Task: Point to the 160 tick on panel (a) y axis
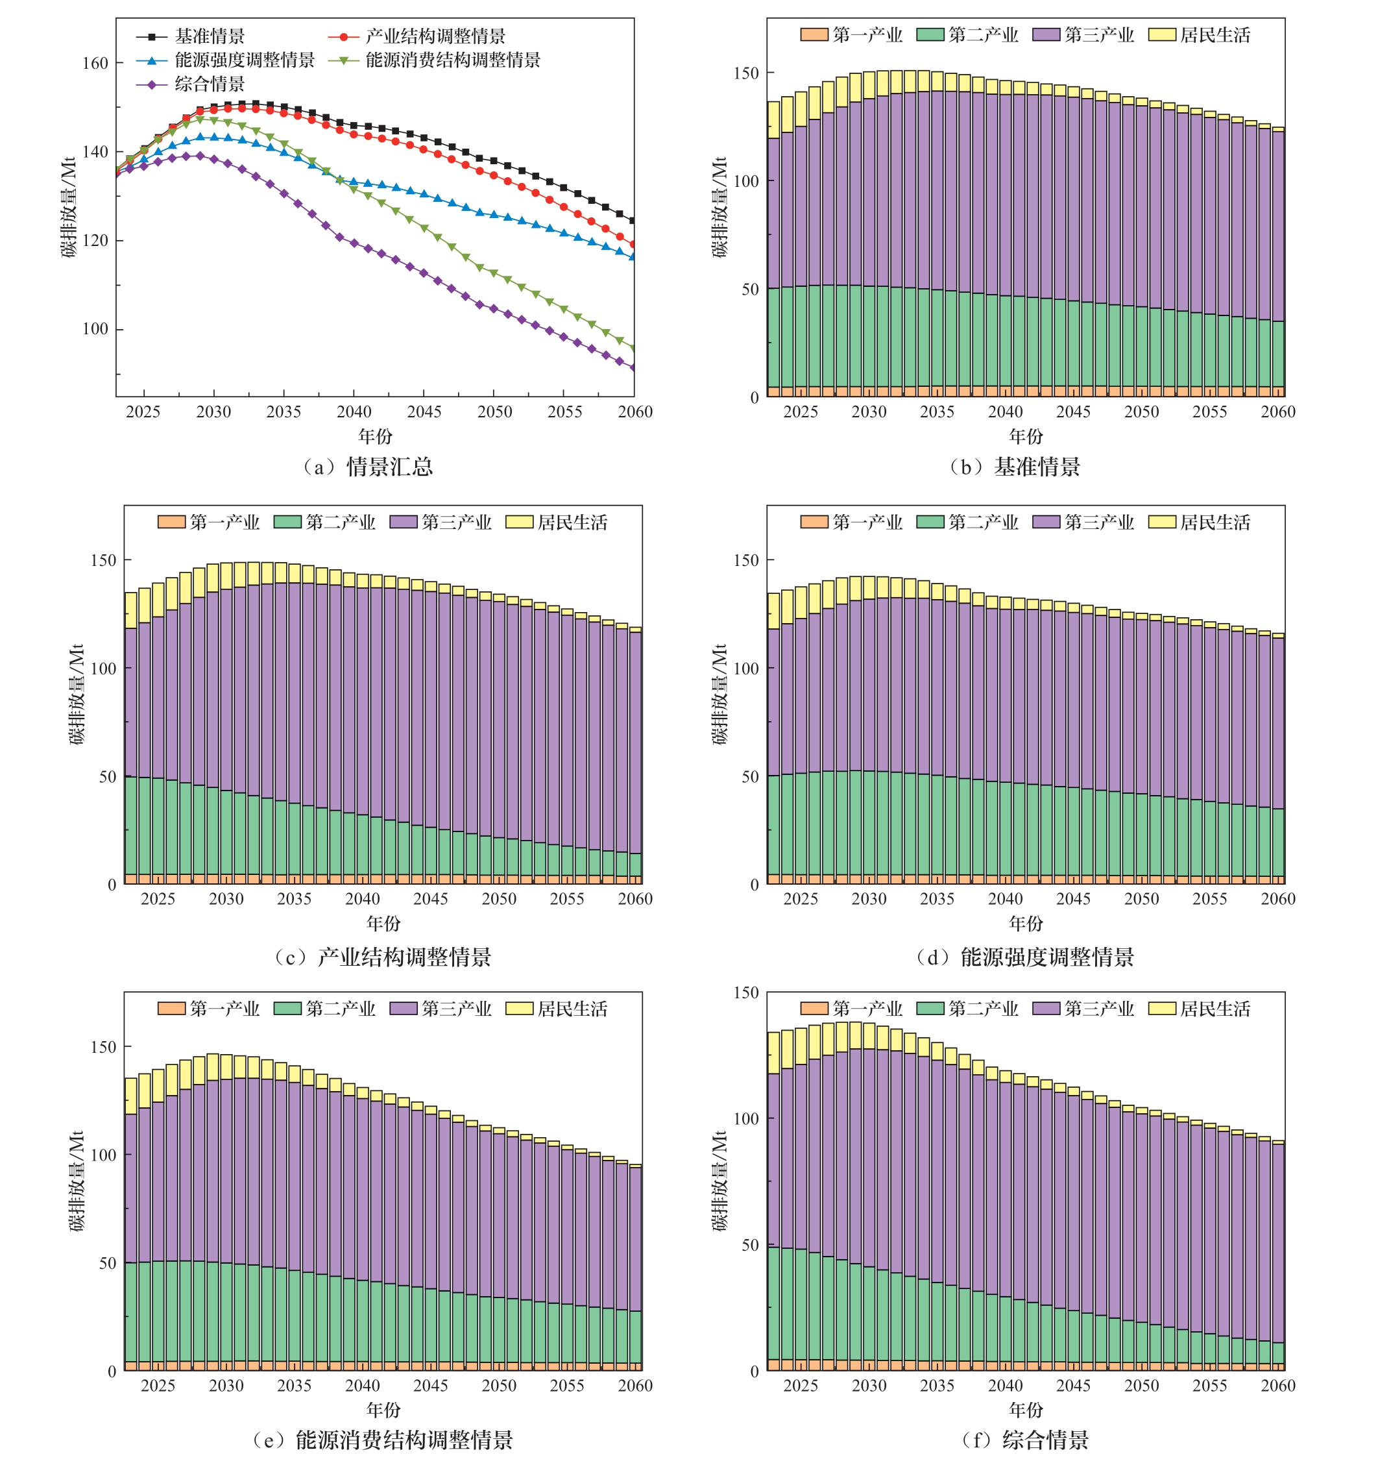(x=95, y=64)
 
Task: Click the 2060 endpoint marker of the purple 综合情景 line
(x=633, y=367)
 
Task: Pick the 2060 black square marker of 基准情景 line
(x=633, y=220)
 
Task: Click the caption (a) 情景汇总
(x=368, y=467)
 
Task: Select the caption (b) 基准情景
(x=1015, y=467)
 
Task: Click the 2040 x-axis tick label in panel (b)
(x=1005, y=412)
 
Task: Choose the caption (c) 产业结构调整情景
(x=383, y=957)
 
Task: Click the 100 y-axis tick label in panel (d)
(x=747, y=668)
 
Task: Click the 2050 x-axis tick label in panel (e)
(x=499, y=1385)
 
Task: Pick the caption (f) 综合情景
(x=1026, y=1439)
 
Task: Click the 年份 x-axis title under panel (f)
(x=1026, y=1409)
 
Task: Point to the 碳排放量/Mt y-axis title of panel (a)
(x=68, y=207)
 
